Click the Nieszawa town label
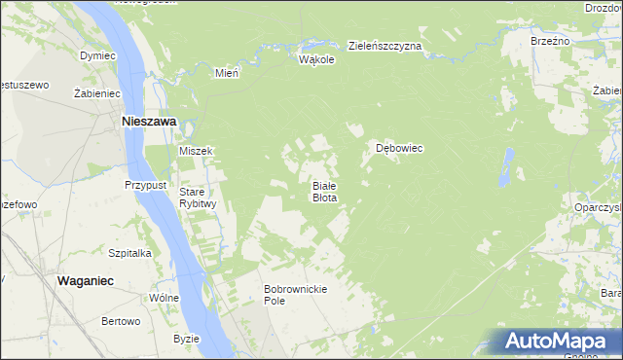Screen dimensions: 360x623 147,123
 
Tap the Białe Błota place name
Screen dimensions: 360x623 324,191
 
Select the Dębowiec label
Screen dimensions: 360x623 399,149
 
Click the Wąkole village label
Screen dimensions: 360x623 317,59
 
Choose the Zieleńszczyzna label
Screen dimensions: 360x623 385,46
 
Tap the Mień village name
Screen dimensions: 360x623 227,72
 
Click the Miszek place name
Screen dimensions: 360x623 196,151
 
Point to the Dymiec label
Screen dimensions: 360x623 97,55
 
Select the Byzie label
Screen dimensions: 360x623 186,339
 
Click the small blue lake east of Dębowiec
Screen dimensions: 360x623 507,167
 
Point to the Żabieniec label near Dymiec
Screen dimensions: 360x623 96,93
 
